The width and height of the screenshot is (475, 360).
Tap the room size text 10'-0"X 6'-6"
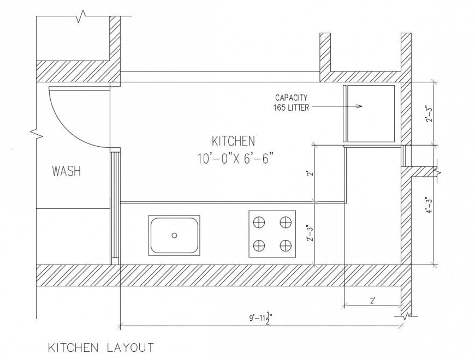coord(235,159)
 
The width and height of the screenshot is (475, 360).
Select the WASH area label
coord(66,171)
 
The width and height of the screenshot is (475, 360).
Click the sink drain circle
coord(174,235)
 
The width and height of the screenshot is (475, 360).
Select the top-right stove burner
coord(284,222)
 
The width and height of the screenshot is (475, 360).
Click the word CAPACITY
coord(291,98)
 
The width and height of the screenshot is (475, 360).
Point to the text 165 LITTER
coord(291,107)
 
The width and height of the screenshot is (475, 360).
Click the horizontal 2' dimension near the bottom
coord(373,300)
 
